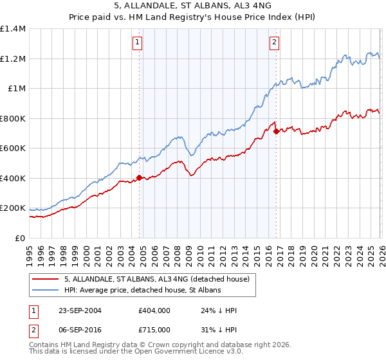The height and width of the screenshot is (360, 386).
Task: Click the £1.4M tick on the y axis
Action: click(13, 29)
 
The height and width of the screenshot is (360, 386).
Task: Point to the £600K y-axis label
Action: click(13, 148)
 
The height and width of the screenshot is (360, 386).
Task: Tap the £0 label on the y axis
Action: click(19, 239)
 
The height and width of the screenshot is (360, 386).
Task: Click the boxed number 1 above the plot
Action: click(138, 43)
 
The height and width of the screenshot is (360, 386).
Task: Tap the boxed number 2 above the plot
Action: click(275, 43)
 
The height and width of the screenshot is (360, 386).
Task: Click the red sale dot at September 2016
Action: click(276, 131)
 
